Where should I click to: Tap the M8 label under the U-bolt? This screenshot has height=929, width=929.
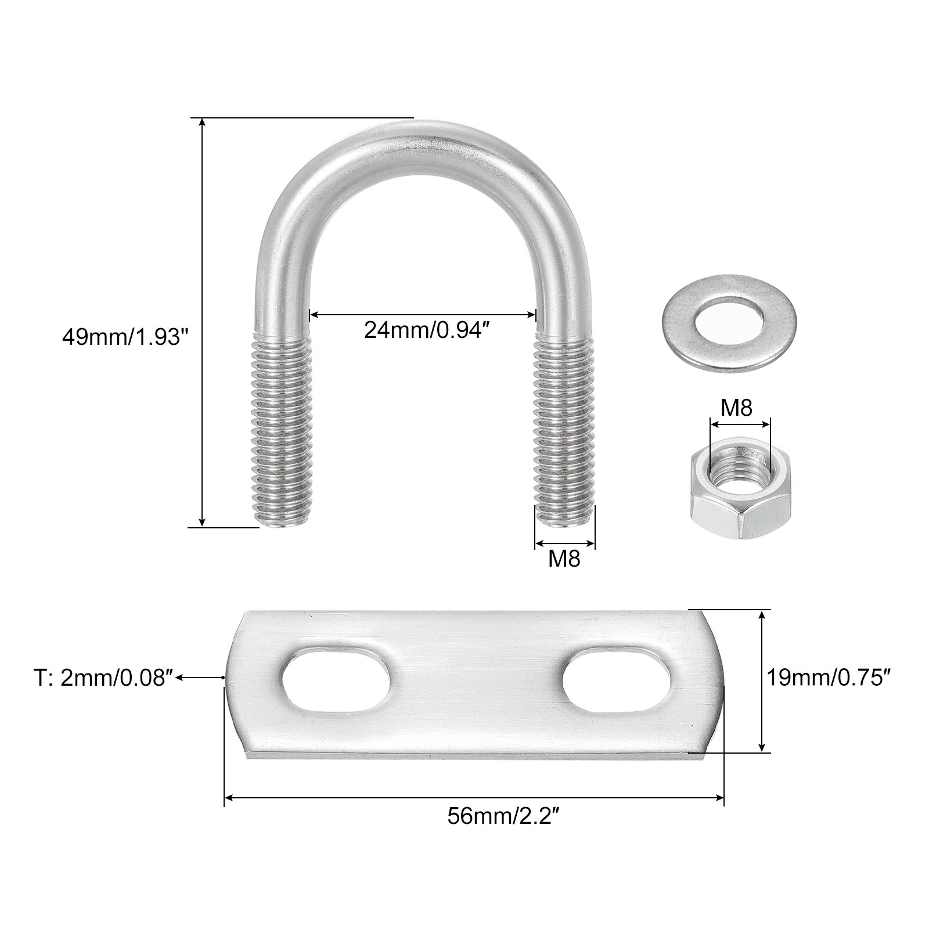[564, 559]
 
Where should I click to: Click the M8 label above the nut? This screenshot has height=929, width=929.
[736, 408]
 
